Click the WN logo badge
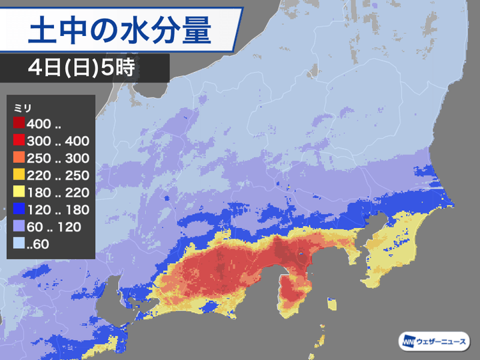[408, 342]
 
